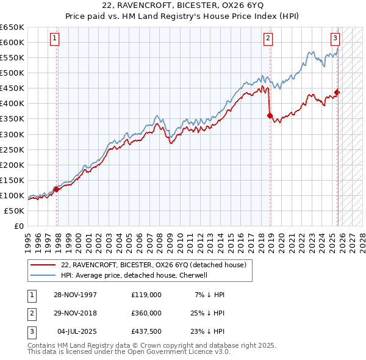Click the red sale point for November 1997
click(x=57, y=189)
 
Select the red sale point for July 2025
click(x=337, y=92)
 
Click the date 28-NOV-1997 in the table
click(x=76, y=295)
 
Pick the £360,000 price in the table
click(x=146, y=313)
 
